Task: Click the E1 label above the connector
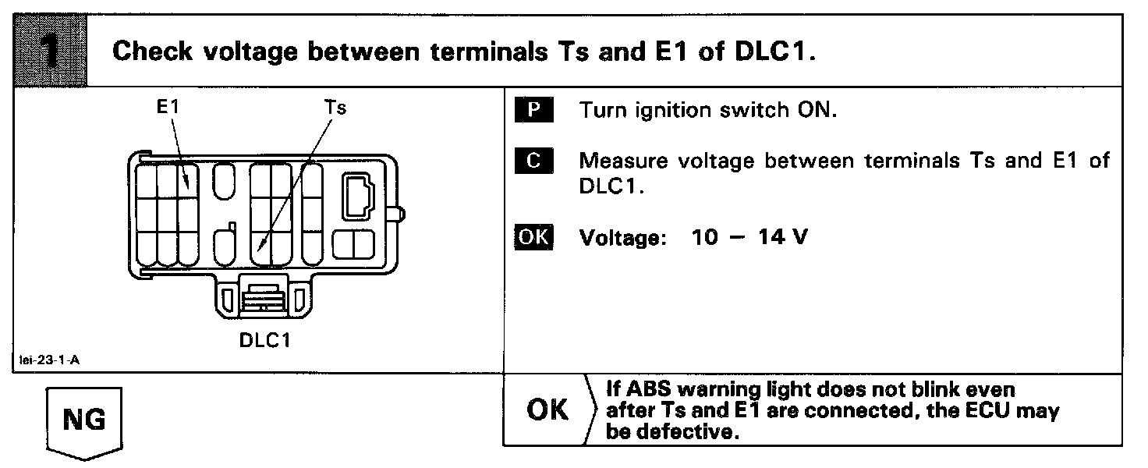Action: (167, 108)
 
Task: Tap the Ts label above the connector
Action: (335, 108)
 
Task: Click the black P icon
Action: (533, 110)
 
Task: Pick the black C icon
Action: (533, 161)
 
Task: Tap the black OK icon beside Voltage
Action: (533, 236)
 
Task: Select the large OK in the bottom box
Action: (548, 410)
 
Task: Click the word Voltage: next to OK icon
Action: (622, 237)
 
